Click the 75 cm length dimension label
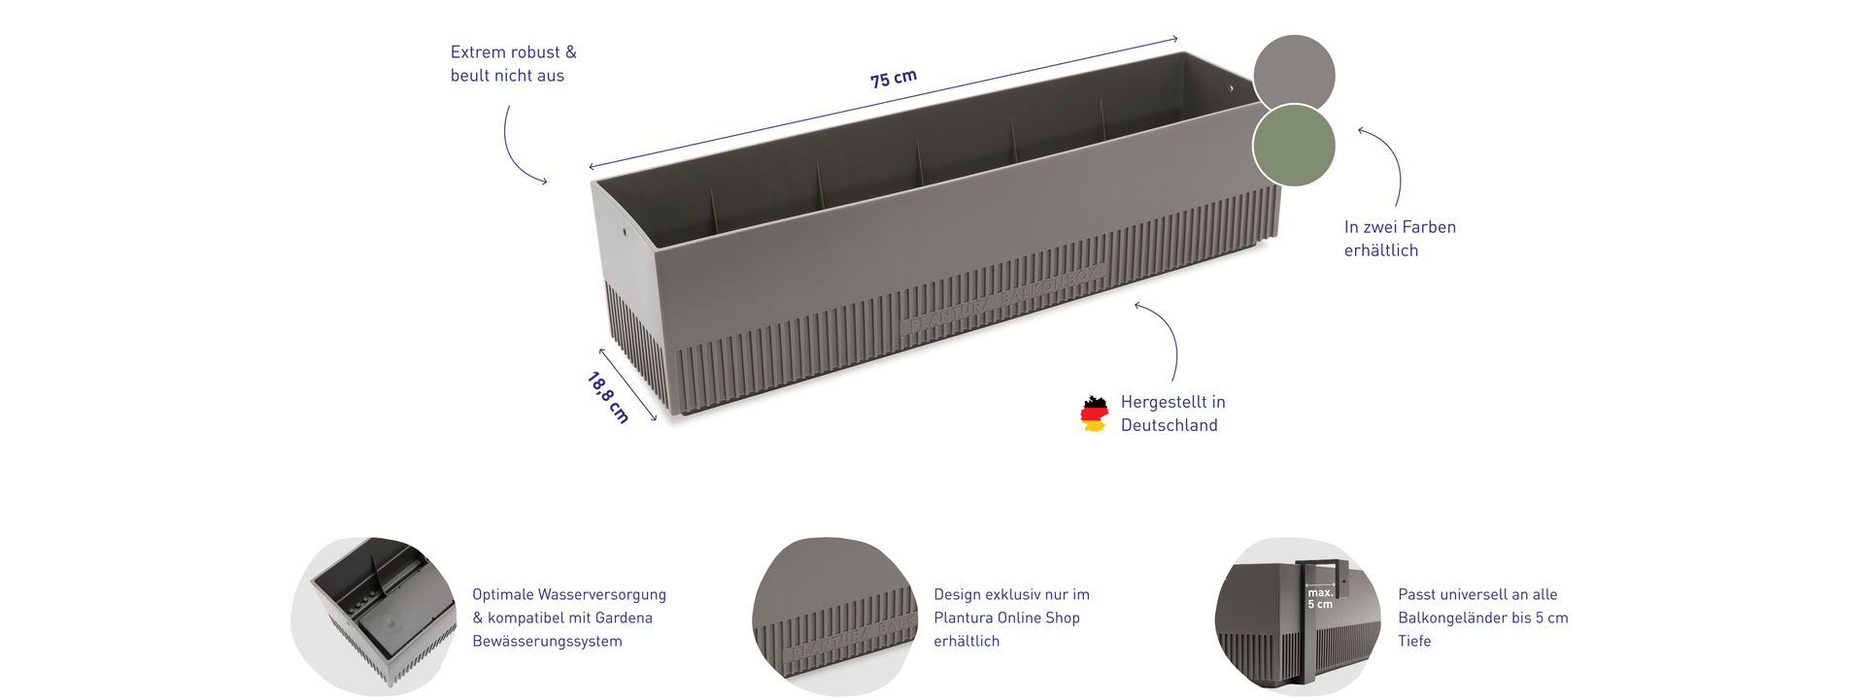894,78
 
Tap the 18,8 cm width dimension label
609,398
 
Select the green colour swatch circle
1294,146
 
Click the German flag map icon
1095,414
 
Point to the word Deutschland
1170,425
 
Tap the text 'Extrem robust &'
513,52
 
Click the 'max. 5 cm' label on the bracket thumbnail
1320,598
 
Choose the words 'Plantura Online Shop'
1006,617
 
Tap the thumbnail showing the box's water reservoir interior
374,616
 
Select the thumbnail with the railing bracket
1298,616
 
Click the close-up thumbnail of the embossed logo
835,616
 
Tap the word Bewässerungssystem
547,641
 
